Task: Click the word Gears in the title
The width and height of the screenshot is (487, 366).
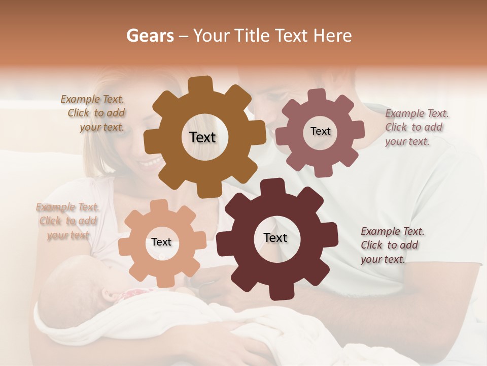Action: pos(150,36)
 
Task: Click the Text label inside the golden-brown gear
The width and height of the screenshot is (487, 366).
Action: pos(202,137)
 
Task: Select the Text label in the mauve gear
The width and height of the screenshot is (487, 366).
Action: pos(320,131)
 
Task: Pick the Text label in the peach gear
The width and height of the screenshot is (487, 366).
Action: pos(161,242)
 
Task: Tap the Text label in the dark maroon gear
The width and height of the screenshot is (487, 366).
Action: pos(275,237)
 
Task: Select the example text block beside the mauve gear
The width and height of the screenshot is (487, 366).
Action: pos(416,127)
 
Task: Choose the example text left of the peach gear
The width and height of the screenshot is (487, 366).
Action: pos(67,221)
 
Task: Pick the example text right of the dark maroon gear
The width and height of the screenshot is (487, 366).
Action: pos(392,245)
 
